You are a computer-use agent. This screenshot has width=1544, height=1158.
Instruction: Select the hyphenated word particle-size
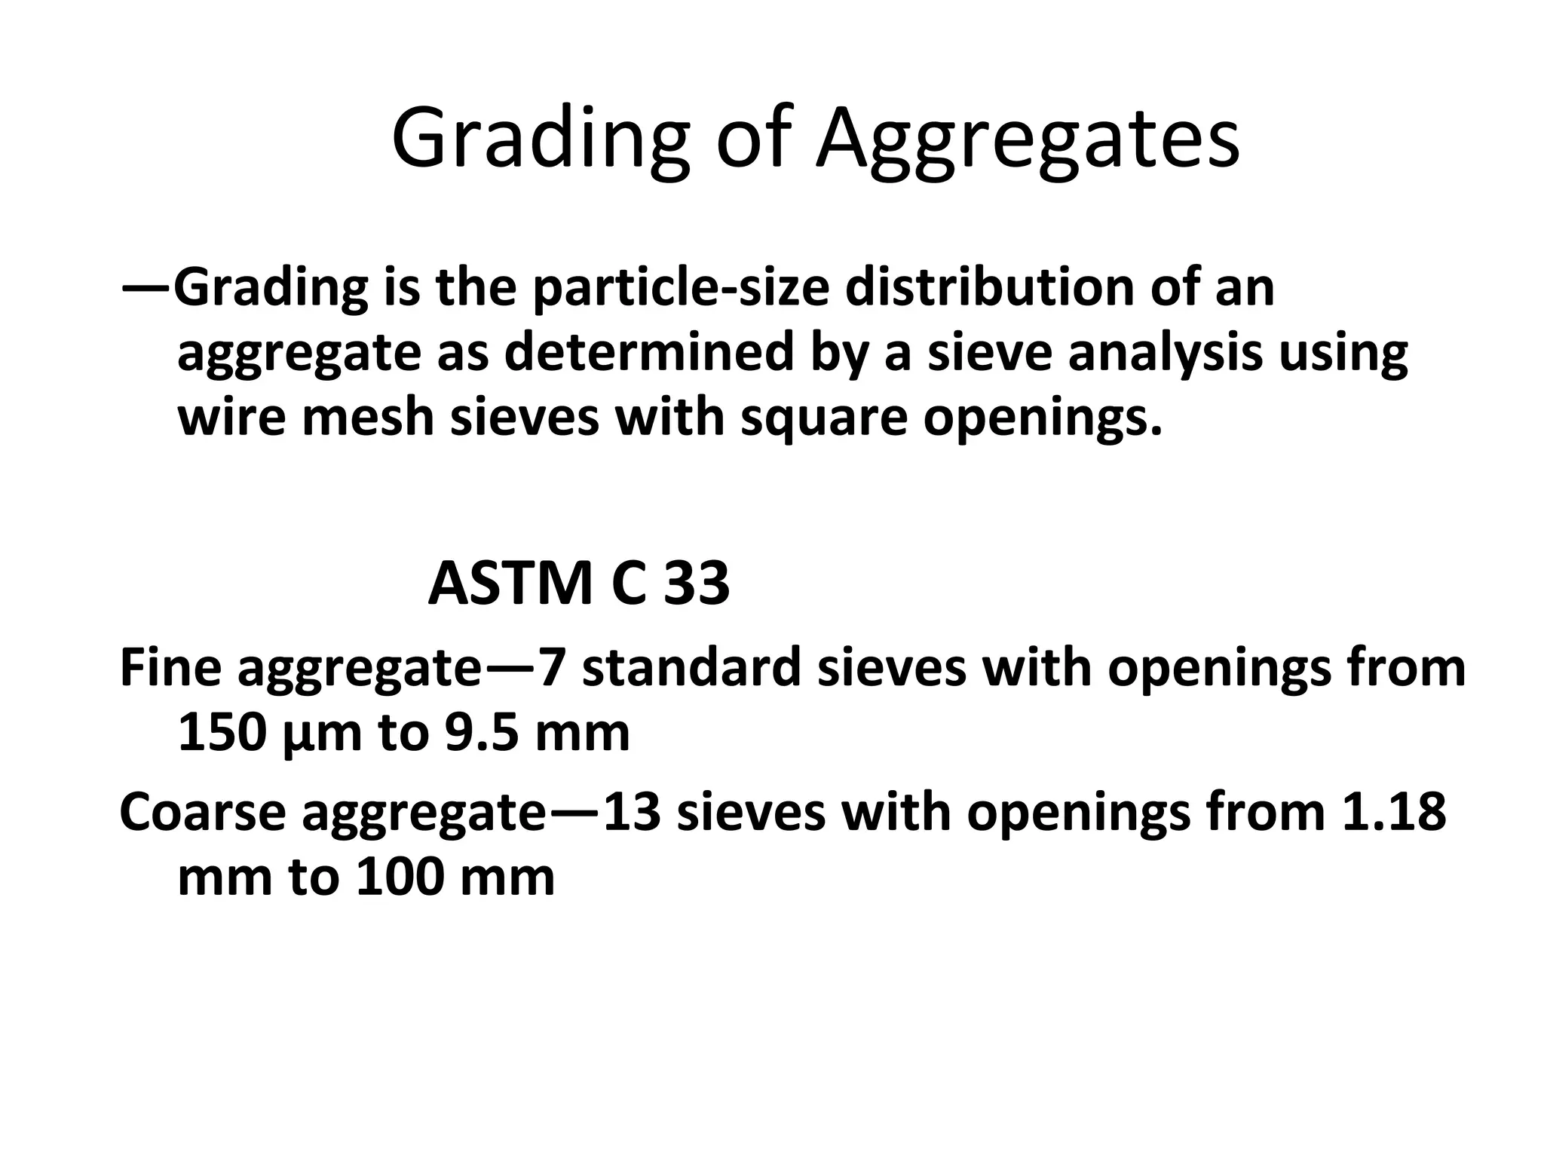tap(688, 289)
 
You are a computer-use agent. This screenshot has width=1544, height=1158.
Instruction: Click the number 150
tap(222, 733)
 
